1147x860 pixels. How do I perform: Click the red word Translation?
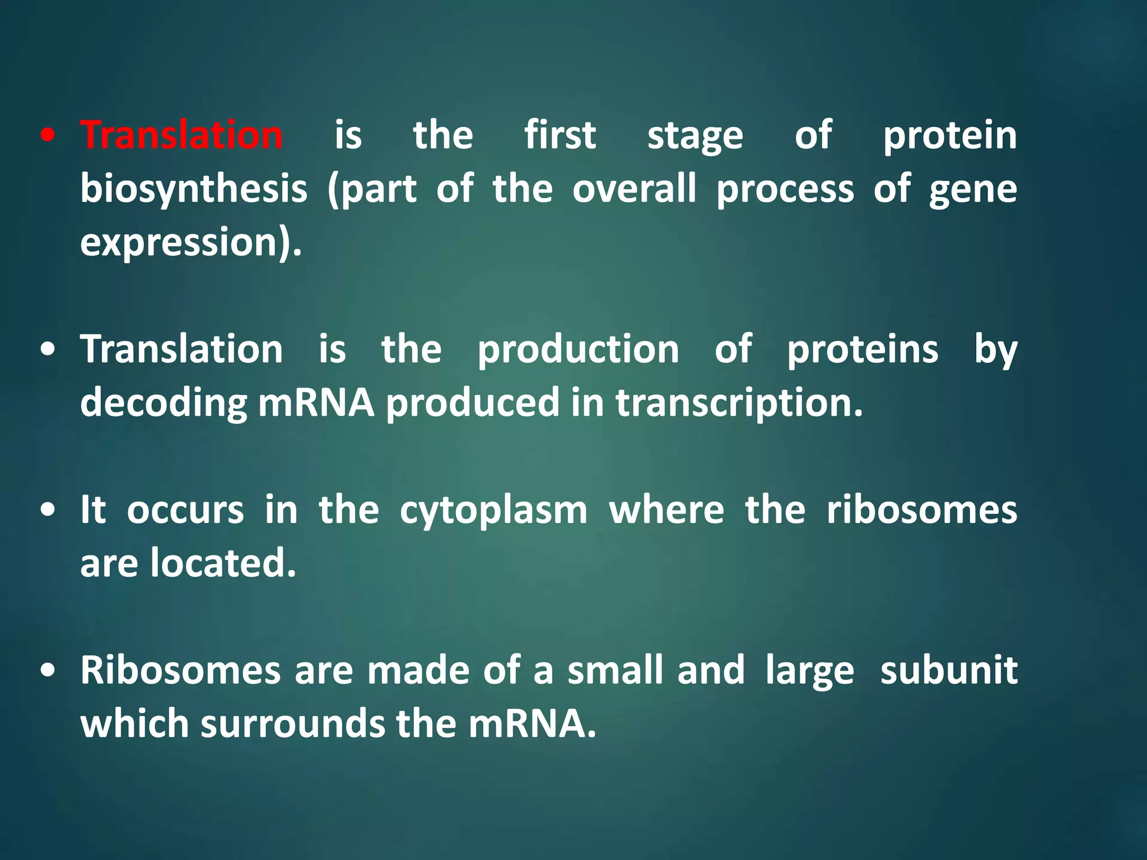click(x=181, y=135)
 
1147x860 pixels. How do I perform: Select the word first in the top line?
click(x=560, y=135)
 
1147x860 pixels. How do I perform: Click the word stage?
click(x=695, y=137)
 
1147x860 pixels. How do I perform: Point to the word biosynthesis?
click(x=194, y=189)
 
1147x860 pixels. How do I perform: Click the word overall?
click(x=635, y=189)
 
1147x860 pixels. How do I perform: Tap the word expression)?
click(x=191, y=243)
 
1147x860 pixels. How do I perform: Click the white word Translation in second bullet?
click(x=181, y=349)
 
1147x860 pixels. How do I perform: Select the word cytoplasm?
click(x=493, y=511)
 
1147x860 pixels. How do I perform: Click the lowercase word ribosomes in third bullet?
click(x=921, y=510)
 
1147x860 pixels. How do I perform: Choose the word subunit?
click(x=948, y=670)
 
